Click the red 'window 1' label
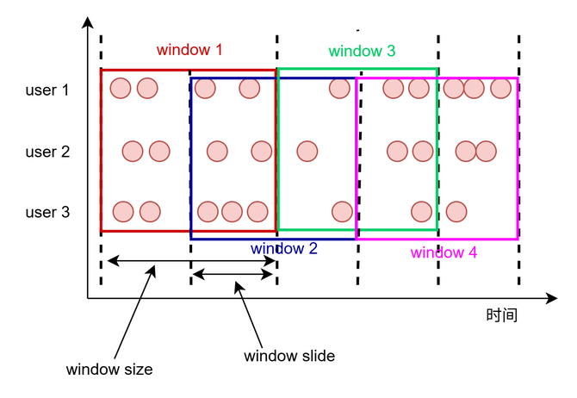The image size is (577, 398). coord(189,50)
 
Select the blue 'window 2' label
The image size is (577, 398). coord(284,248)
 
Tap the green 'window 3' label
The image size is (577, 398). coord(362,52)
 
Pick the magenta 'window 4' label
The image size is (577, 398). coord(444,252)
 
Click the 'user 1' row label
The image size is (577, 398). coord(47,90)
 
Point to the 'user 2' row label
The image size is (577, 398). coord(47,152)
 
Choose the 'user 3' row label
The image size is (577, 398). coord(47,212)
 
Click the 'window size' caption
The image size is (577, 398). coord(109,370)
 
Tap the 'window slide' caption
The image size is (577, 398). coord(289,355)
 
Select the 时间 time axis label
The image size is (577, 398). coord(501,315)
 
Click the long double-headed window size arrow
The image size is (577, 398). coord(189,259)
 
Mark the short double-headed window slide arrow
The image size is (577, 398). coord(233,275)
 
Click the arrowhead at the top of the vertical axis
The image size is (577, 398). coord(87,23)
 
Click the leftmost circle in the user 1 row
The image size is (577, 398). coord(121,88)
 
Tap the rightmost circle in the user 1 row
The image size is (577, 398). coord(500,88)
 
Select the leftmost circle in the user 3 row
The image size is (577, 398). coord(123,211)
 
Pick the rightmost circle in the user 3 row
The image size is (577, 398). coord(456,211)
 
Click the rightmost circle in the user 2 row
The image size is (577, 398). coord(487,152)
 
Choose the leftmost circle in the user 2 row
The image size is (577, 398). coord(132,152)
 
